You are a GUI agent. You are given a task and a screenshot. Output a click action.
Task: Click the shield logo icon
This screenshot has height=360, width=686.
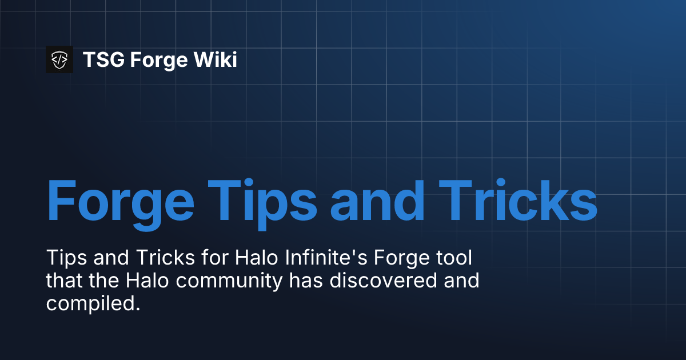click(59, 59)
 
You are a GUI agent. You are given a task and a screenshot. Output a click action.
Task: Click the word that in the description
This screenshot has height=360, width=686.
click(62, 281)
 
